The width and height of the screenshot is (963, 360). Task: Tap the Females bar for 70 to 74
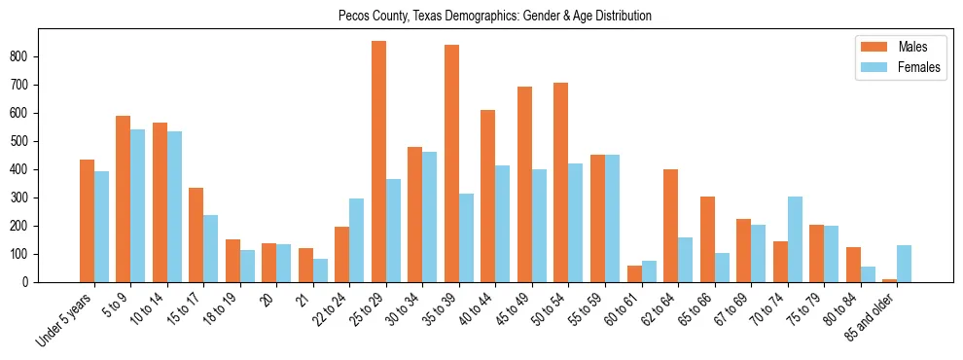point(795,239)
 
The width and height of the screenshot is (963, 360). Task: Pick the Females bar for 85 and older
point(904,264)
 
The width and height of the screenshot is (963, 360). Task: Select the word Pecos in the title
point(353,17)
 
